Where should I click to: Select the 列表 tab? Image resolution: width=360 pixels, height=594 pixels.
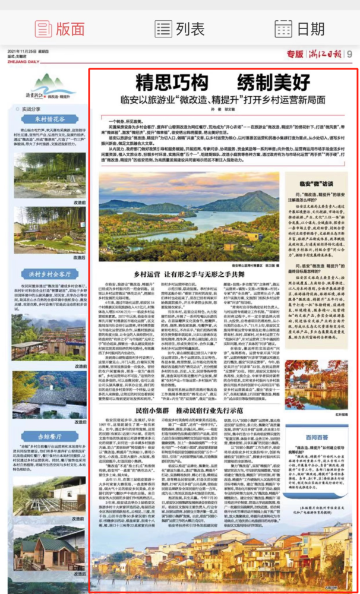179,28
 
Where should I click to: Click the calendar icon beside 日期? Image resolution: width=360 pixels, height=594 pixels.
283,28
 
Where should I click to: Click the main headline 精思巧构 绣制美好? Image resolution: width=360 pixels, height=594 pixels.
222,83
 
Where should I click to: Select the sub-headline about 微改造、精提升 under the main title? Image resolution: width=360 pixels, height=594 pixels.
222,97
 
